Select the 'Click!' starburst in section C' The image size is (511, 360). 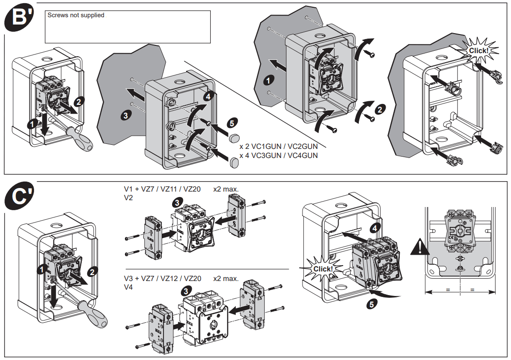[x=323, y=269]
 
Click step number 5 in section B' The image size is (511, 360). [x=232, y=123]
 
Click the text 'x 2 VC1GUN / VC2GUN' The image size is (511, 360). [x=278, y=147]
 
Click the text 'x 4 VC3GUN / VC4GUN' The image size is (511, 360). [x=278, y=155]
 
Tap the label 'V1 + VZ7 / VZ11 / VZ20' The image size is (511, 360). [x=162, y=189]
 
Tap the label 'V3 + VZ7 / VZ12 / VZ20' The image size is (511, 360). [x=162, y=278]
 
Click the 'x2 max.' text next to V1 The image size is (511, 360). [x=226, y=189]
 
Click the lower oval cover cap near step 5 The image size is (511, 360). [x=235, y=161]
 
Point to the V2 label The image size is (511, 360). [x=129, y=198]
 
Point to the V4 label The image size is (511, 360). [x=129, y=287]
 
